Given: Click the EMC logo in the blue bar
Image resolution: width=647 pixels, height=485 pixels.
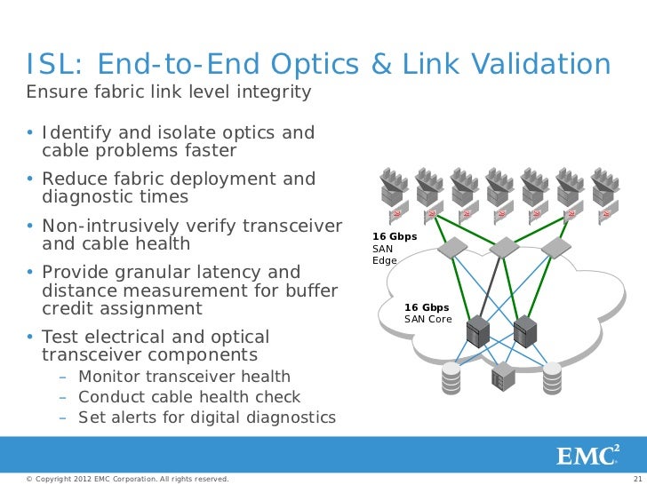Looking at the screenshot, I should [587, 456].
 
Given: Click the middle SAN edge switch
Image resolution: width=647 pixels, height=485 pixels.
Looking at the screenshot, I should [503, 246].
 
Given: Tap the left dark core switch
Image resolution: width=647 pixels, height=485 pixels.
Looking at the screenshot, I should [480, 330].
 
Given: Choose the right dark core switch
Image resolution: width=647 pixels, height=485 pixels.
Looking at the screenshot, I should [526, 330].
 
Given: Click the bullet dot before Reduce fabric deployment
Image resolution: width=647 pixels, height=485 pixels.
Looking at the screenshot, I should [29, 179].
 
